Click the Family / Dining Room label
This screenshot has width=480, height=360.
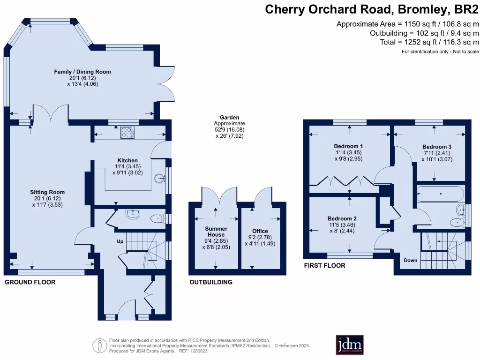tap(82, 72)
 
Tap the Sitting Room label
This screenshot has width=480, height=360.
tap(47, 192)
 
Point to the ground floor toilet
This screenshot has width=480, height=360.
tap(157, 218)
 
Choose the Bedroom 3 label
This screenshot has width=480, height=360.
tap(437, 146)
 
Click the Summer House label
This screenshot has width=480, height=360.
tap(216, 232)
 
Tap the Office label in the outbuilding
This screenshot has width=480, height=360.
tap(260, 231)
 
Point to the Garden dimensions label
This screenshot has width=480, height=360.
tap(230, 127)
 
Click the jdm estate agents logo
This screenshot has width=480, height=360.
tap(350, 345)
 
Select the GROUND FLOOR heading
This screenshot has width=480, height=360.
tap(30, 282)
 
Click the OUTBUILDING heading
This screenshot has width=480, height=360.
tap(211, 282)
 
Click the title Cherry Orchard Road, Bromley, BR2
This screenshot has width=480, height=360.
tap(372, 9)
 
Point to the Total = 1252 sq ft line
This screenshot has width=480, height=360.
tap(429, 42)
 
